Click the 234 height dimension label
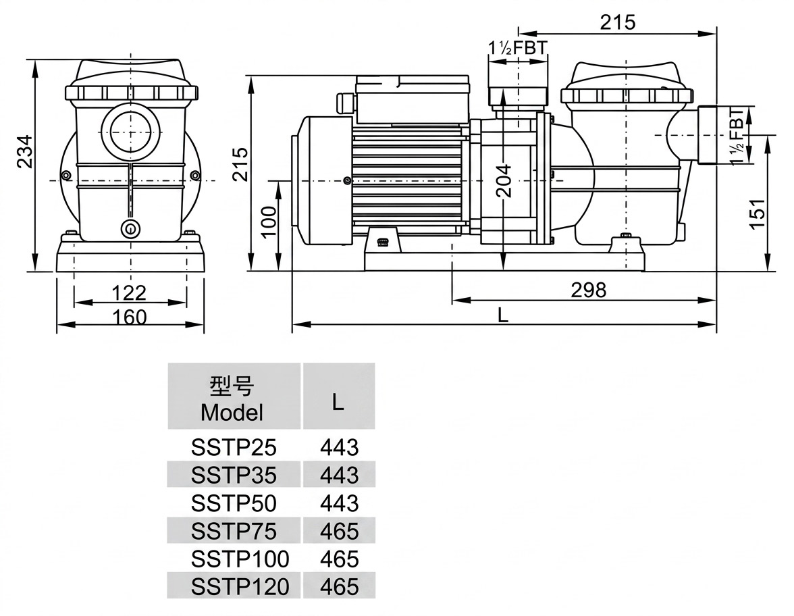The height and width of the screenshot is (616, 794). pos(24,152)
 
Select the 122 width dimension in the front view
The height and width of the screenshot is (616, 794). pos(128,293)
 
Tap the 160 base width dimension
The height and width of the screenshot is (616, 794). pos(129,317)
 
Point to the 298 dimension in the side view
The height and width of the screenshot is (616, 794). pos(589,290)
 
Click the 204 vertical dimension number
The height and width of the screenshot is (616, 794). pos(504,181)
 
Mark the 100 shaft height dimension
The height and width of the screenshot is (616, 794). pos(269,222)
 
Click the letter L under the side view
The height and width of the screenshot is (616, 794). pos(502,315)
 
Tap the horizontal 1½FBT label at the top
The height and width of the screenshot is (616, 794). pos(517,47)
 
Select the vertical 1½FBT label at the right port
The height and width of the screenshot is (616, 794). pos(737,135)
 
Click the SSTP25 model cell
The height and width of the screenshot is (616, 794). pos(234,447)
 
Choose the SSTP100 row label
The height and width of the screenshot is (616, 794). pos(240,559)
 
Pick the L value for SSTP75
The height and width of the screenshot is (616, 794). pos(339,531)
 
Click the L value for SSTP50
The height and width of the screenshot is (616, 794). pos(339,503)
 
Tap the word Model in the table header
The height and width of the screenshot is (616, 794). pos(232,412)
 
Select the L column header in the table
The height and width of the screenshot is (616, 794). pos(338,402)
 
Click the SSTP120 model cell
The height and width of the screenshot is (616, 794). pos(240,586)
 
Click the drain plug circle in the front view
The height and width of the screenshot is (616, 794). pos(131,228)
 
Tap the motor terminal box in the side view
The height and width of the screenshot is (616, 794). pos(412,100)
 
